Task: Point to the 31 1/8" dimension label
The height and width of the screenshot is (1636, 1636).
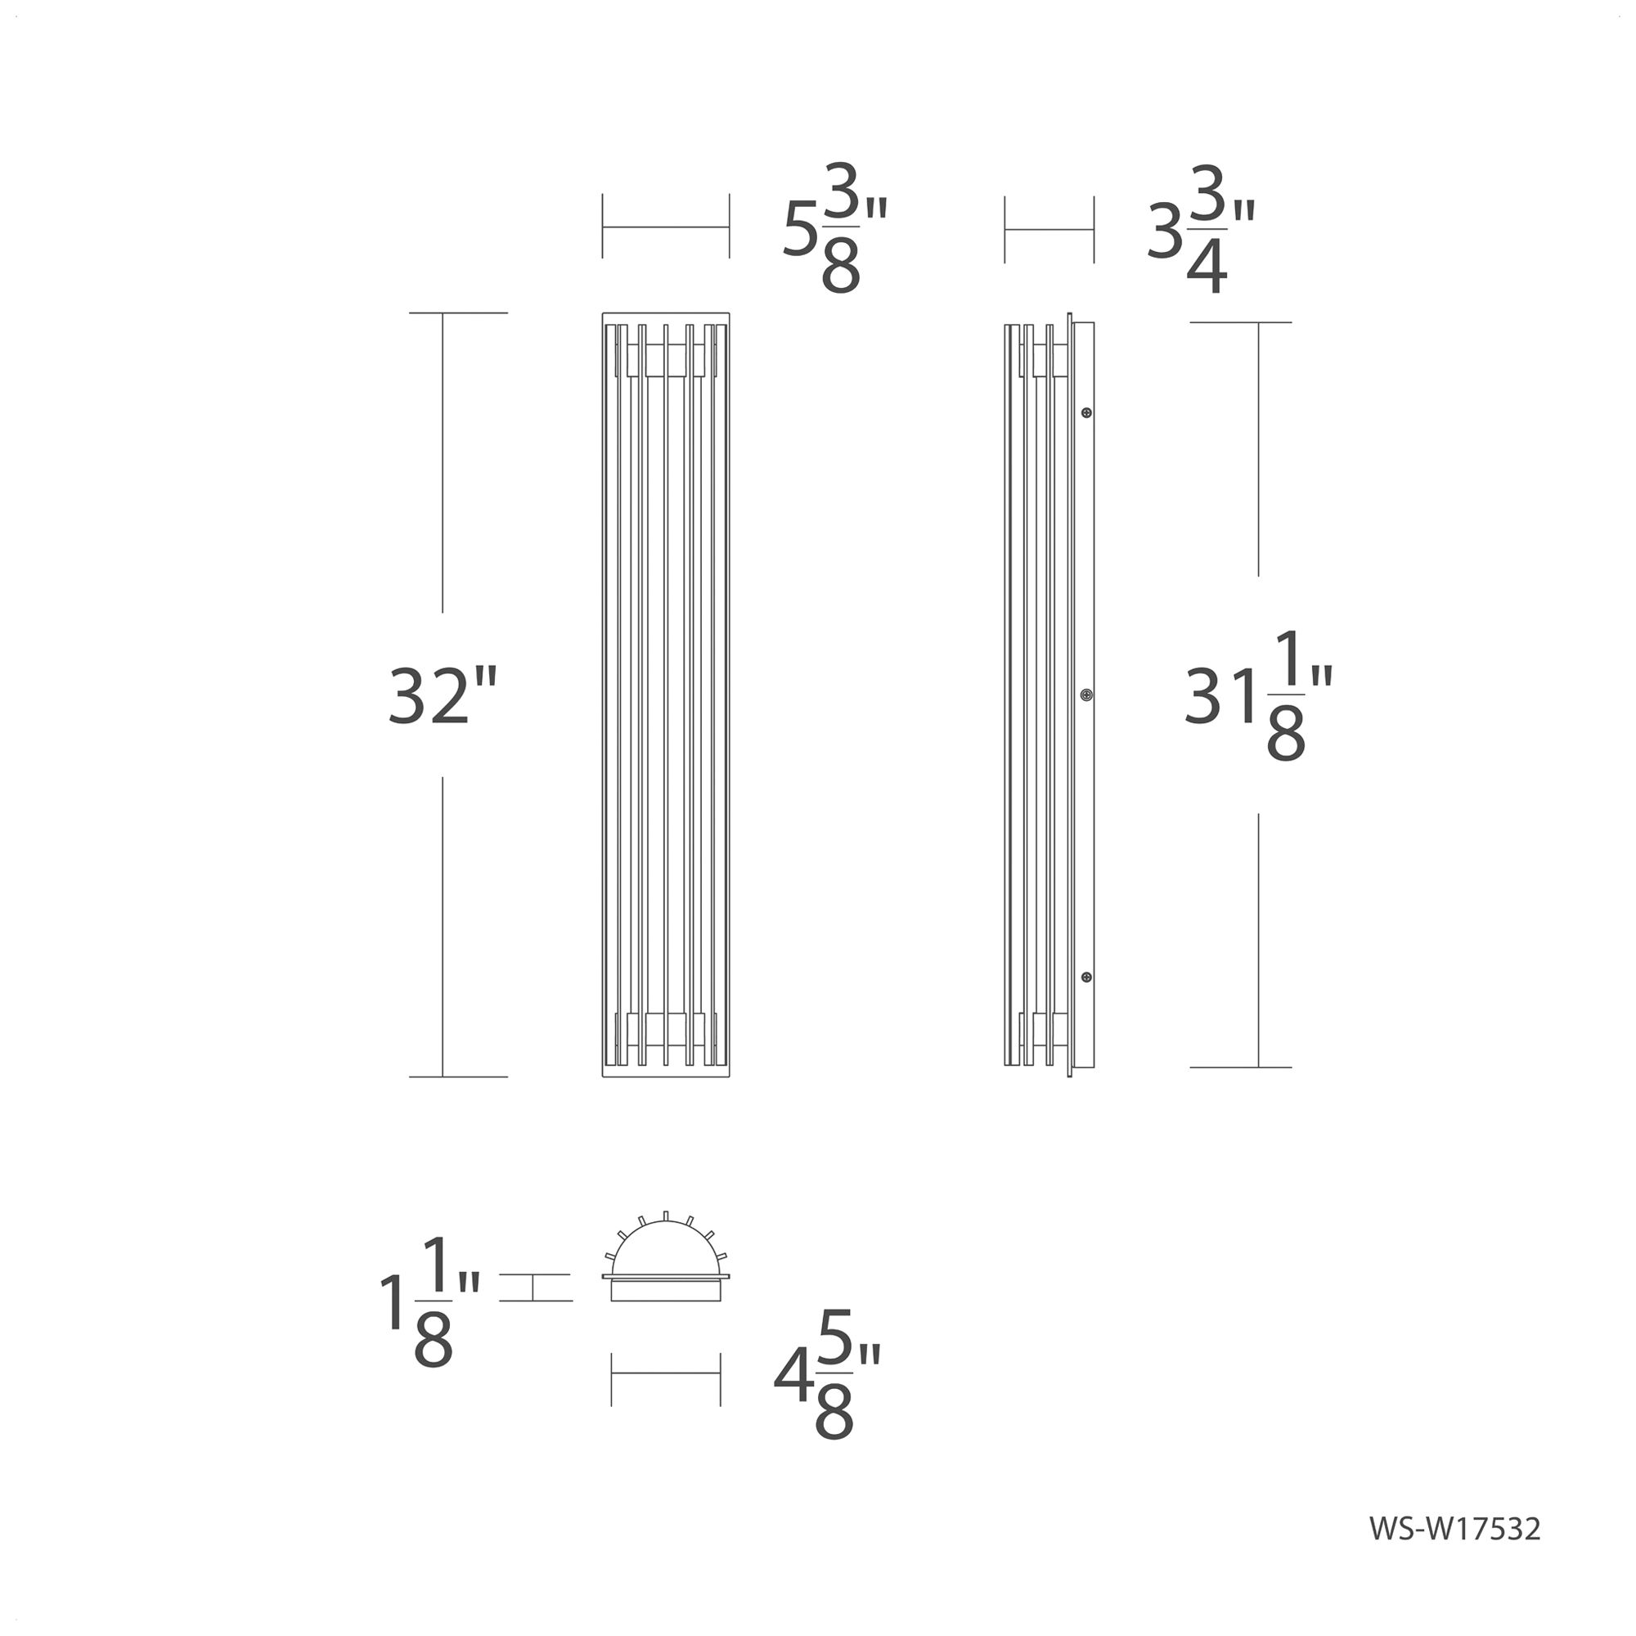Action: click(1258, 696)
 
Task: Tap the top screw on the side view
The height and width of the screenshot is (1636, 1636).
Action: click(1086, 413)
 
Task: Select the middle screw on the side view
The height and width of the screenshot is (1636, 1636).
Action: click(1086, 695)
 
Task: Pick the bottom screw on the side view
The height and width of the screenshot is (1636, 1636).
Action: click(1086, 978)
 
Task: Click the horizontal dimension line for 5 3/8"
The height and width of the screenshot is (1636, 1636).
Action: click(666, 227)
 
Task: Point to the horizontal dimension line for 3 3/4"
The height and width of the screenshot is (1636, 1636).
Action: click(1049, 229)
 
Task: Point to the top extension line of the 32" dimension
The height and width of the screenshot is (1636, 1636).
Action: click(458, 313)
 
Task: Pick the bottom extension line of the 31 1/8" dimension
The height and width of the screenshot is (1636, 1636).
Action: click(1241, 1067)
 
